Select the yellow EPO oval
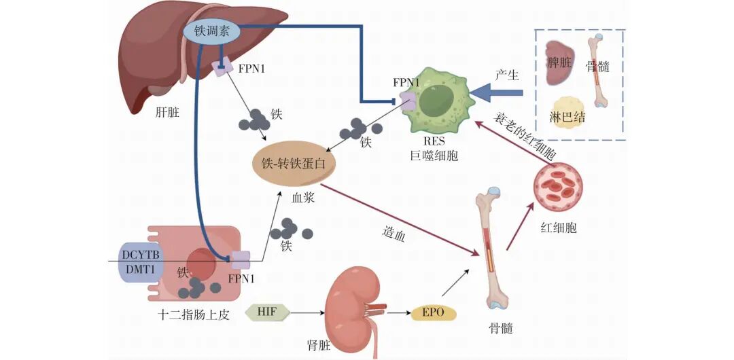click(x=433, y=313)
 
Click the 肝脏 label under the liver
click(x=167, y=112)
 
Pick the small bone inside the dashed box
click(x=599, y=71)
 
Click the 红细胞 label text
click(x=561, y=227)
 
